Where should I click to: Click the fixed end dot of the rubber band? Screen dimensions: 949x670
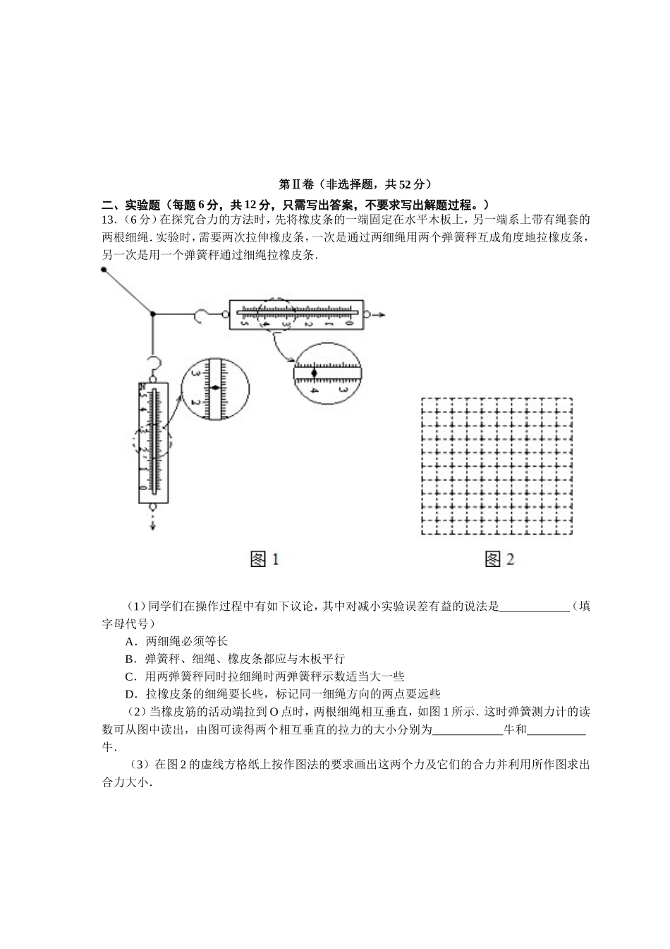pos(104,269)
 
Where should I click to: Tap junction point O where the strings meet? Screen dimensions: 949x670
pos(152,314)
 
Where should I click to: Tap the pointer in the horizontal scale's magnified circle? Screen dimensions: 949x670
pos(315,371)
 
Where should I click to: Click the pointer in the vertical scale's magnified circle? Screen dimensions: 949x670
pos(215,387)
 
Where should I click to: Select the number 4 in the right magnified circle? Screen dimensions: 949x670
pos(314,390)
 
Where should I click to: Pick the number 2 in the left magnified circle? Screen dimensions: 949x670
pos(195,402)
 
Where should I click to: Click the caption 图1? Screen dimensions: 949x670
pos(264,560)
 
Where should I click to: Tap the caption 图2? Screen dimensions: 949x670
pos(499,560)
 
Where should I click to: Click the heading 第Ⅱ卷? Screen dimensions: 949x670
pos(296,185)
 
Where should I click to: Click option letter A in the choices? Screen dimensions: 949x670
pos(129,641)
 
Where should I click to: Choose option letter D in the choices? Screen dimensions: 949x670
pos(129,694)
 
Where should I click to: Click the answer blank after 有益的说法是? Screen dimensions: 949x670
pos(534,607)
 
